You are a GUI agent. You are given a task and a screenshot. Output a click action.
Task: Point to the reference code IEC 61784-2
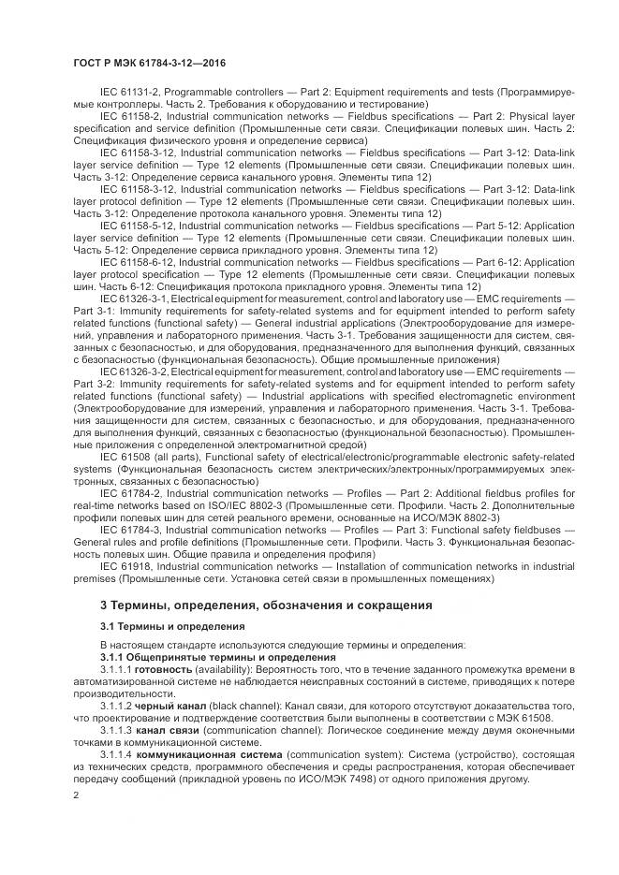[130, 493]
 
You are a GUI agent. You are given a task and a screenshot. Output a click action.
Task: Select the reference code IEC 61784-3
[130, 531]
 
